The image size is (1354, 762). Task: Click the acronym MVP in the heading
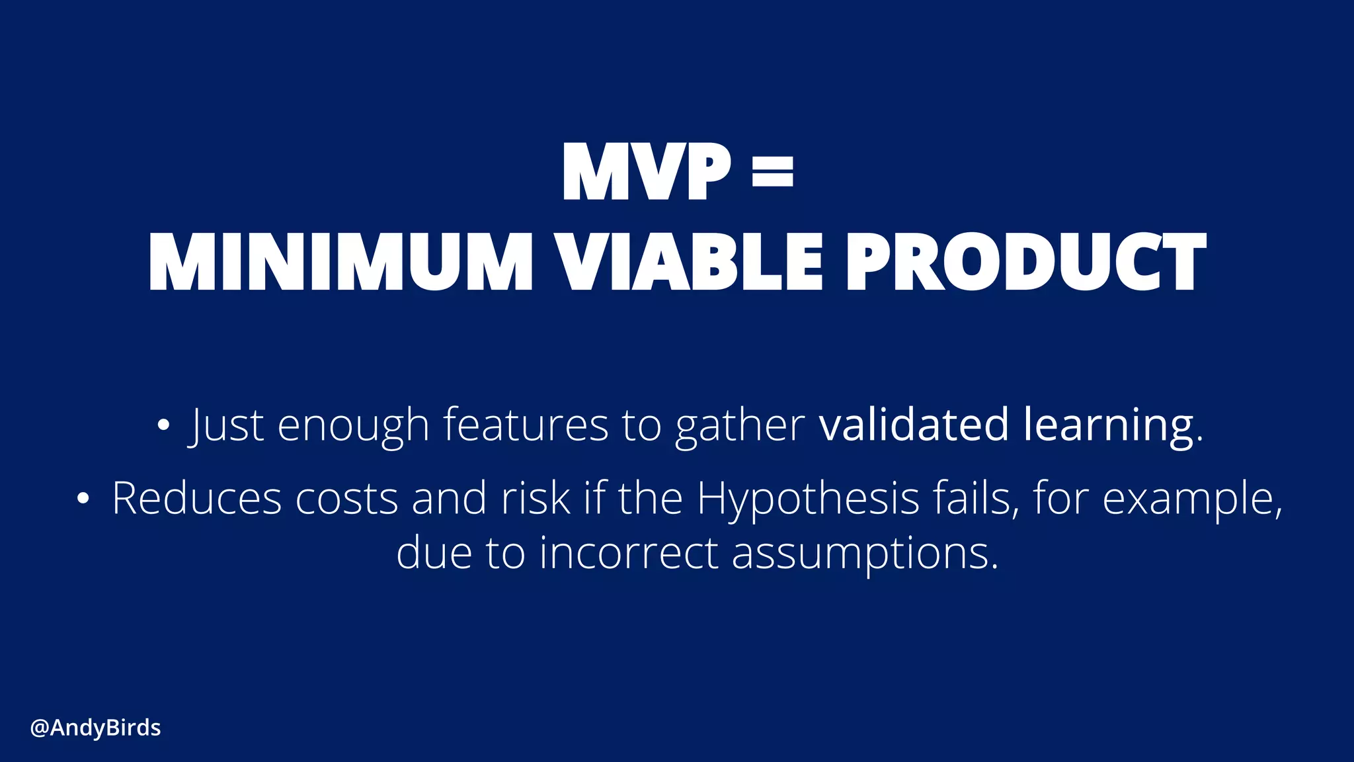[646, 172]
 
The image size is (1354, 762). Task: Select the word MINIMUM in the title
[340, 262]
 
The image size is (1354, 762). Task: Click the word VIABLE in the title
[688, 262]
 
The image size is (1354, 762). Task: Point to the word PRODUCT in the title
[1026, 262]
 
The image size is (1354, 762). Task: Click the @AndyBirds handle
[96, 728]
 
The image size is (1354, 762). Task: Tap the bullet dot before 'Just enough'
[163, 425]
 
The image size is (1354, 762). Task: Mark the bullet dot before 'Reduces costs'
[82, 499]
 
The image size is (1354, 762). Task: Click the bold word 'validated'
[914, 425]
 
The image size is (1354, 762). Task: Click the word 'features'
[525, 425]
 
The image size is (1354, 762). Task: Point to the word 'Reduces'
[196, 499]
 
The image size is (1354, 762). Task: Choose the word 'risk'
[536, 499]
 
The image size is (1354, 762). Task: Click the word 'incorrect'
[628, 553]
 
